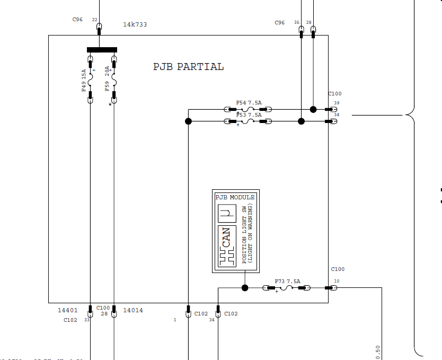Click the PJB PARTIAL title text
[188, 67]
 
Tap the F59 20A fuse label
[107, 78]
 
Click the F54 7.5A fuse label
[249, 103]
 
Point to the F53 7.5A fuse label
[249, 115]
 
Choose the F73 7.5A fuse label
[287, 281]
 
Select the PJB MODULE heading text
[235, 197]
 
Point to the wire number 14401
[68, 310]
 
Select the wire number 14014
[132, 310]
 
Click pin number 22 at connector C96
[95, 20]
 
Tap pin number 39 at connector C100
[337, 103]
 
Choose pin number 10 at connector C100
[337, 281]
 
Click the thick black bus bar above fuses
[102, 50]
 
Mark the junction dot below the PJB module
[245, 288]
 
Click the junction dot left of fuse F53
[188, 121]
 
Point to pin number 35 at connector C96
[296, 22]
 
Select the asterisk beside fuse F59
[110, 105]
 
